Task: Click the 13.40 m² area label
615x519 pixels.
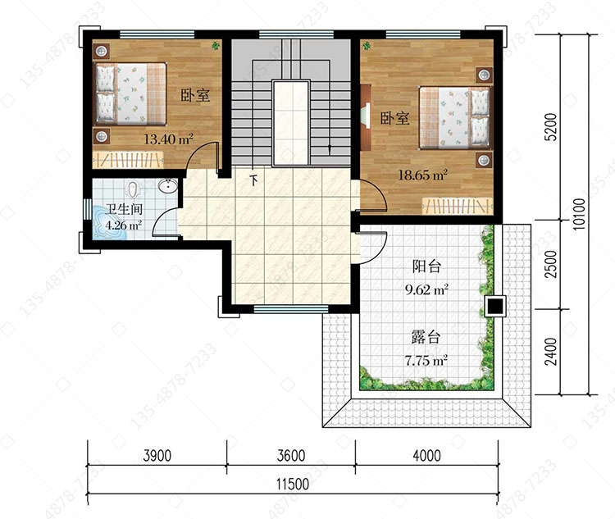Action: coord(168,139)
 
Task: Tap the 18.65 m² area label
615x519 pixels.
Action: coord(423,175)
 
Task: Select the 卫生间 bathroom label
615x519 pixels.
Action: coord(124,209)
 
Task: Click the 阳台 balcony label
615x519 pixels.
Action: coord(426,266)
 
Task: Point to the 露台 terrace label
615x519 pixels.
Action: coord(426,337)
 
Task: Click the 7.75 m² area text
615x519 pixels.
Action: coord(426,360)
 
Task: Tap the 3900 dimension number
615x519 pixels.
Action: coord(157,455)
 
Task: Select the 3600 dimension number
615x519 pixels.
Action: coord(290,455)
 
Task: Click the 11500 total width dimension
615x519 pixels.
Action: coord(292,484)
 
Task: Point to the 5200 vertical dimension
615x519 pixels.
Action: coord(551,126)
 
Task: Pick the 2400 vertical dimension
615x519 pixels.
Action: coord(551,351)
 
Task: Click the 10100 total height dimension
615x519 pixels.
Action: coord(579,214)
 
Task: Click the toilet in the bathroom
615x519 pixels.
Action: coord(134,189)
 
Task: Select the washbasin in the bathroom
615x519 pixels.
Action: coord(168,186)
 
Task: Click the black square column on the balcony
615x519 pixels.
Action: coord(495,306)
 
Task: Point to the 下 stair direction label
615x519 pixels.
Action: coord(254,180)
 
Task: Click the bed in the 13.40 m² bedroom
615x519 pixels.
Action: coord(131,93)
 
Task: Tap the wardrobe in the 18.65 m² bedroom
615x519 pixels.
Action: coord(457,207)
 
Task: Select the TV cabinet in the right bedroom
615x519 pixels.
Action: coord(366,117)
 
